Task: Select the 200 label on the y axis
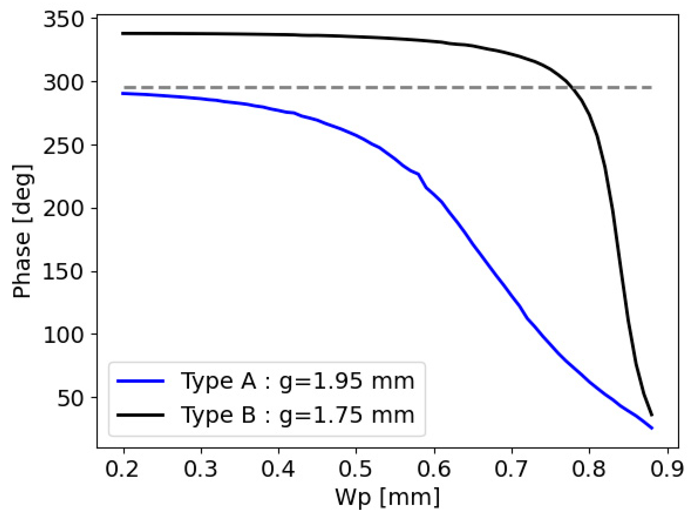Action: tap(64, 209)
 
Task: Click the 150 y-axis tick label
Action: tap(64, 272)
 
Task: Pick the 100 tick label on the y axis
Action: tap(64, 335)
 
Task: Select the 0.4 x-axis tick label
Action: tap(278, 469)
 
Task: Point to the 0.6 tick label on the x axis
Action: tap(434, 469)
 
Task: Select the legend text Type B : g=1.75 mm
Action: tap(297, 415)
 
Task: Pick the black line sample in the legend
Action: tap(140, 415)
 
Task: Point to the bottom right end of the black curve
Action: tap(652, 415)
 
